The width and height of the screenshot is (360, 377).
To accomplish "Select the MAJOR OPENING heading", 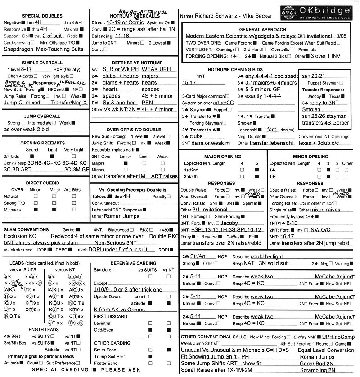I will coord(222,157).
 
